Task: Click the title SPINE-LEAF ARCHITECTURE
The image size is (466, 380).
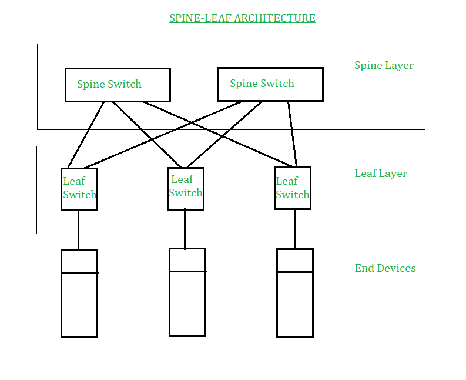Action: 242,18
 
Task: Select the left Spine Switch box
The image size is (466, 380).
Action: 118,85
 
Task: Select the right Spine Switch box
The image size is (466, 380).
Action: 270,84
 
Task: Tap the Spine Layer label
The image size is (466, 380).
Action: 384,65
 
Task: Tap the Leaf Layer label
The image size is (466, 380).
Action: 381,174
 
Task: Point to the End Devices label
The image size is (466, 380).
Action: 385,268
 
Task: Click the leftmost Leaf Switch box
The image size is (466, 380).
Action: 79,189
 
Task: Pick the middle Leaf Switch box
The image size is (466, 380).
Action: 186,188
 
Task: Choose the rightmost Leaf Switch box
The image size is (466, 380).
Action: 293,188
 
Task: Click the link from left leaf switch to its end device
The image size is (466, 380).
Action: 78,229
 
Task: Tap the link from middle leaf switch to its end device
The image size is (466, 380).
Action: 185,229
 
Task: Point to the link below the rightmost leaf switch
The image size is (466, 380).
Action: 294,229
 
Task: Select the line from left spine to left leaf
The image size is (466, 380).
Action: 87,134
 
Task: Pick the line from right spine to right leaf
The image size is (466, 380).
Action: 292,134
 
